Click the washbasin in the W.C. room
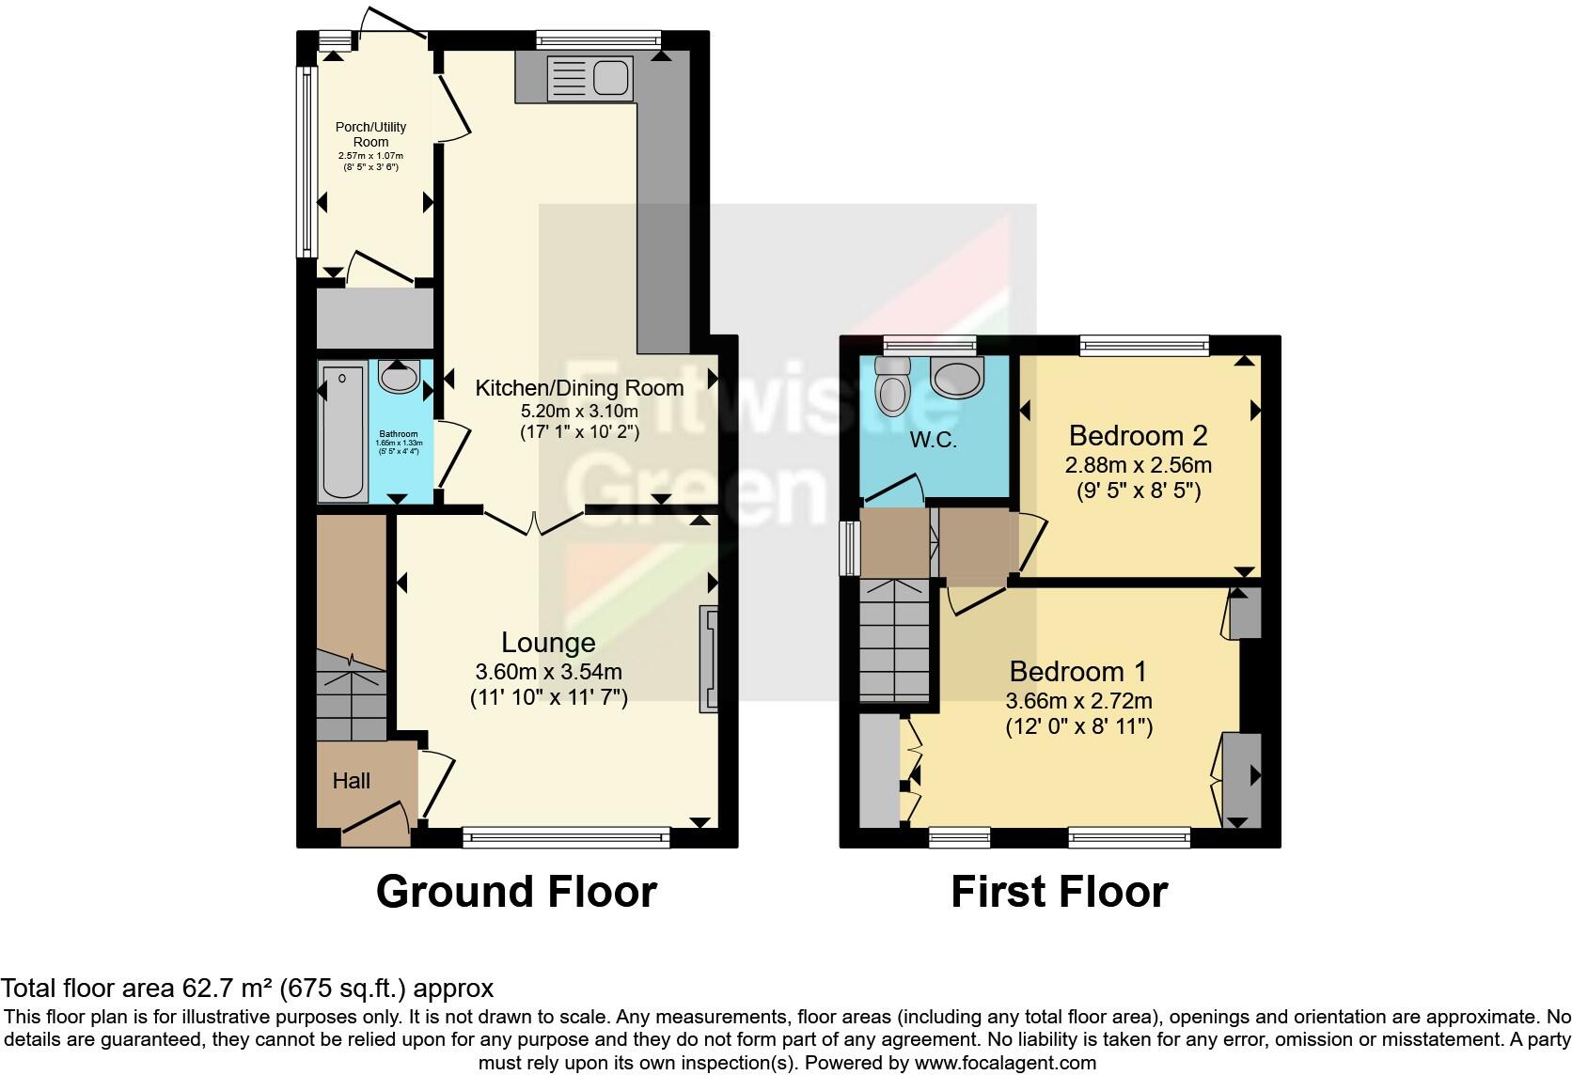[x=956, y=379]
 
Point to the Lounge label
[x=548, y=643]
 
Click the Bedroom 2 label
[x=1138, y=436]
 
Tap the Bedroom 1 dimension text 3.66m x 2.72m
[x=1078, y=701]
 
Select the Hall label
[x=351, y=781]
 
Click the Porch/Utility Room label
[x=370, y=134]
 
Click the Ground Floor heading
[x=516, y=891]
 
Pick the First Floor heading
[x=1059, y=891]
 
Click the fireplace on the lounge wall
[x=707, y=659]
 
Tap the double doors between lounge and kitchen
[x=535, y=522]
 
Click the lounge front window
[x=566, y=836]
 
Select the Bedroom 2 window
[x=1144, y=346]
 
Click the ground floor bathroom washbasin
[x=399, y=378]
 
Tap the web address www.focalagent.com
[x=1004, y=1063]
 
